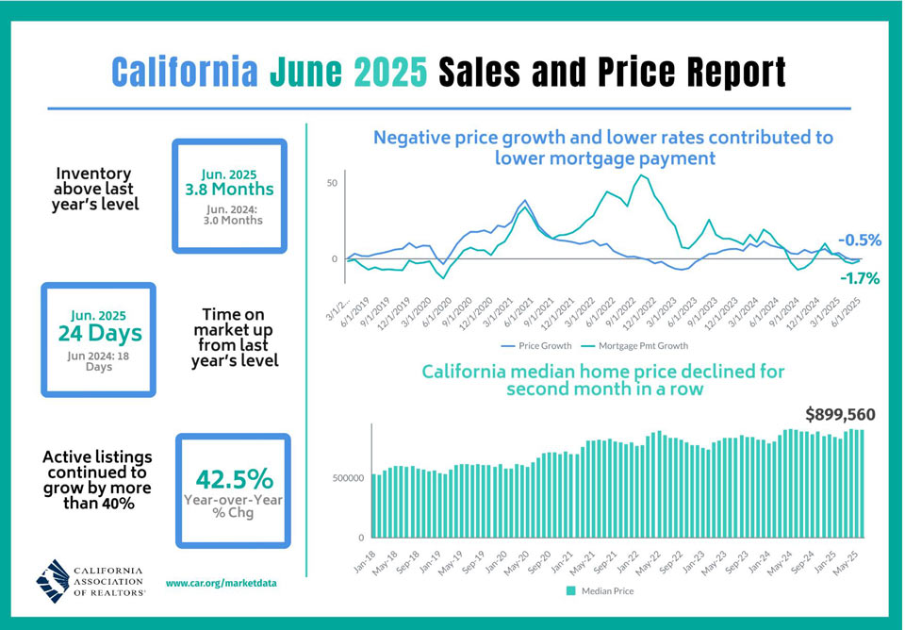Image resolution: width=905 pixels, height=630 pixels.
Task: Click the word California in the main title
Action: (x=185, y=72)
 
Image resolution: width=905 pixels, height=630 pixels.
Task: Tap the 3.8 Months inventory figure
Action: (x=230, y=189)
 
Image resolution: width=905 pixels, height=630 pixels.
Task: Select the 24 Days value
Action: (x=100, y=333)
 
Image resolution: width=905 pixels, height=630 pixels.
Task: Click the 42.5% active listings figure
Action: (x=234, y=479)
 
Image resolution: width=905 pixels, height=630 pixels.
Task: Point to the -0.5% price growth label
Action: (x=860, y=240)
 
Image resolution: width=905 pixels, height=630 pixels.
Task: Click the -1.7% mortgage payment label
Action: (x=860, y=279)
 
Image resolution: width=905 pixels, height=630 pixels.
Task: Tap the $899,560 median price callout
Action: (x=840, y=415)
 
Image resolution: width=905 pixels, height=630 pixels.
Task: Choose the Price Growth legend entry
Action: (x=536, y=346)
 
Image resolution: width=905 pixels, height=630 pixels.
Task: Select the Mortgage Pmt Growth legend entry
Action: (x=634, y=346)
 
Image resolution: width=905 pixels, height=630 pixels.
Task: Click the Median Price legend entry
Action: (x=601, y=590)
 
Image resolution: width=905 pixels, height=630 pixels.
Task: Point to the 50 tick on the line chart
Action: (x=332, y=183)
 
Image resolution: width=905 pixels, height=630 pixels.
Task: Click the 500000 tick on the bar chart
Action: (x=348, y=478)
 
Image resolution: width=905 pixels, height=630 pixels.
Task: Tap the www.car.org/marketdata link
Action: (x=221, y=583)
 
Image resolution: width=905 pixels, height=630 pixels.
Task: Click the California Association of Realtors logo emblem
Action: (x=53, y=581)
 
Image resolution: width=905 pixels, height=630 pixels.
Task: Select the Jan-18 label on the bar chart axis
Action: (x=364, y=561)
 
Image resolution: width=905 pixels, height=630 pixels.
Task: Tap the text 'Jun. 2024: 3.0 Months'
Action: (x=233, y=214)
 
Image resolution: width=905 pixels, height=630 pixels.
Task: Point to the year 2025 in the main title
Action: (x=390, y=72)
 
